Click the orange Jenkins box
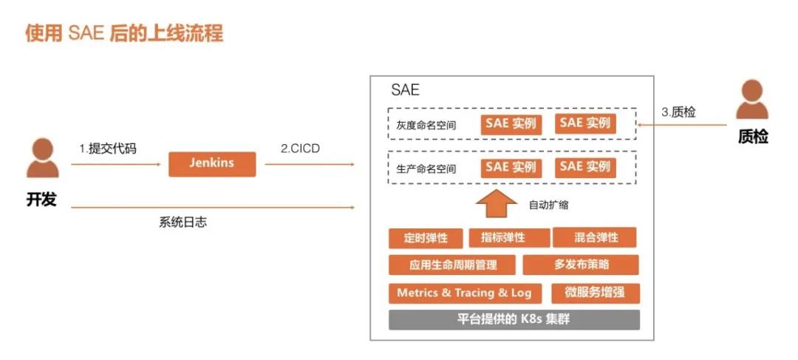point(212,163)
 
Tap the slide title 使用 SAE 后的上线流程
point(124,33)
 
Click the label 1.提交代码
point(108,149)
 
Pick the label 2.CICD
point(300,148)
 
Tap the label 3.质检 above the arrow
point(678,112)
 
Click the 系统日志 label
point(183,222)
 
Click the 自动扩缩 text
point(548,205)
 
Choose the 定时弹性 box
point(426,238)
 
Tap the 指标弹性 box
point(509,238)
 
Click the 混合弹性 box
point(595,238)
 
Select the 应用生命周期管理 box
point(453,265)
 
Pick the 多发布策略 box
point(581,265)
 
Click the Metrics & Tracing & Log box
point(464,293)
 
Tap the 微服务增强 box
point(595,293)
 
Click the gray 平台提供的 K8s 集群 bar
point(514,319)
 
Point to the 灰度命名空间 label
point(426,125)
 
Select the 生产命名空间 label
point(426,169)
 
